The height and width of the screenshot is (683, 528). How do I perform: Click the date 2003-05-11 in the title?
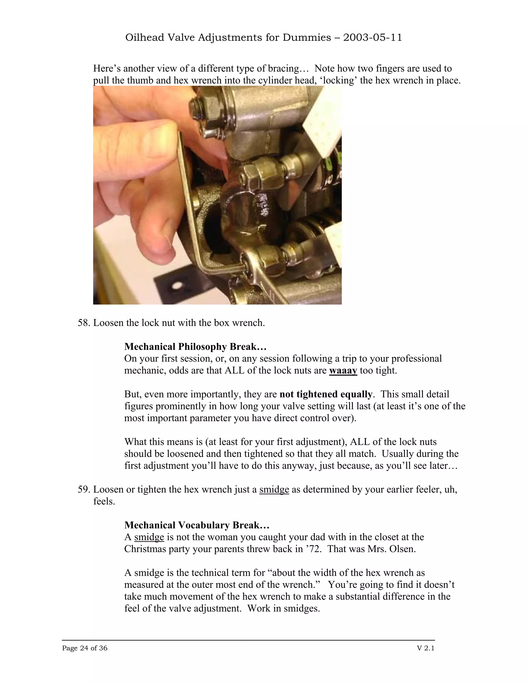[372, 38]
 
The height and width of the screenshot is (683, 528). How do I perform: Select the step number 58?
[84, 323]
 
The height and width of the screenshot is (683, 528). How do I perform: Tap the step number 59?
[84, 489]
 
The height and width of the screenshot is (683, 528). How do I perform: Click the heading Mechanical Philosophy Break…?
[195, 346]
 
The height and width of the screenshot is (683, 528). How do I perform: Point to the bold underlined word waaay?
[343, 371]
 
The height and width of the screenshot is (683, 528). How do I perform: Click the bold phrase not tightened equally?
[326, 394]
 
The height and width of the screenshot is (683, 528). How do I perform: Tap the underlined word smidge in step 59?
[274, 489]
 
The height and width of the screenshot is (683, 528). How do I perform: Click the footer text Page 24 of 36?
[85, 648]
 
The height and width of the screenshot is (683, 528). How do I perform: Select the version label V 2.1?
[426, 648]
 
